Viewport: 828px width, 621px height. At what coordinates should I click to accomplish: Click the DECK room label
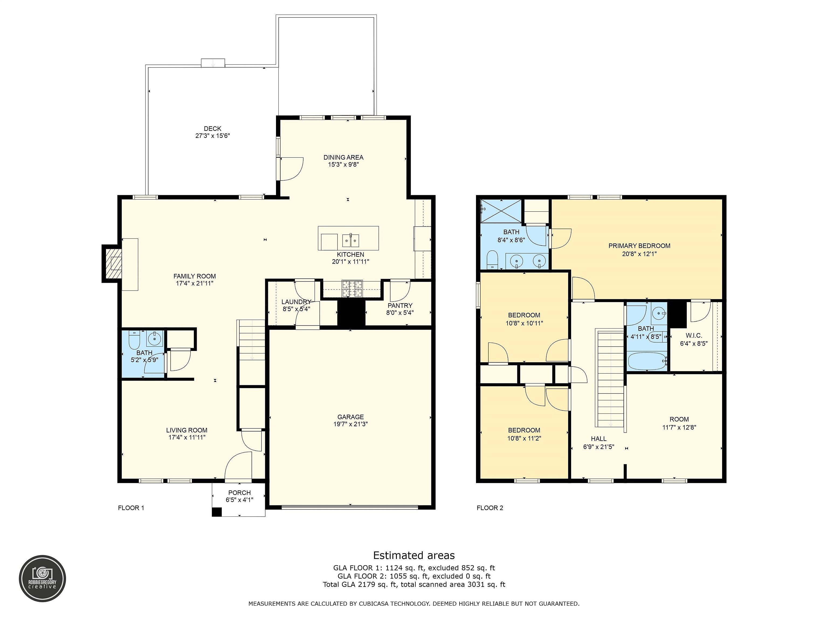[x=212, y=128]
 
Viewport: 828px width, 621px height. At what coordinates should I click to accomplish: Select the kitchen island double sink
[x=351, y=241]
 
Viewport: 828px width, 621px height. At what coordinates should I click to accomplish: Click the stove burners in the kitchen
[x=352, y=289]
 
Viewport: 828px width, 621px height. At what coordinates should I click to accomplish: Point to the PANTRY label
[x=400, y=305]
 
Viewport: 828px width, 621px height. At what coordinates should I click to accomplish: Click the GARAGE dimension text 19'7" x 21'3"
[x=350, y=424]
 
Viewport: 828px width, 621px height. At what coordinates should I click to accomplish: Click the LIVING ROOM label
[x=187, y=430]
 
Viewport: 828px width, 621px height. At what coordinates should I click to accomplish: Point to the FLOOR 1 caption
[x=131, y=508]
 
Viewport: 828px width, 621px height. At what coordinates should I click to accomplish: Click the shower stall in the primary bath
[x=501, y=211]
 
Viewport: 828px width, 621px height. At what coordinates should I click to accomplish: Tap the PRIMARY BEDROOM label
[x=639, y=246]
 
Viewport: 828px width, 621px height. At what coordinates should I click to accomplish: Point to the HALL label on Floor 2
[x=599, y=439]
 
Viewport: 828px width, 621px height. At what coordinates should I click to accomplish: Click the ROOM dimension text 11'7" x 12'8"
[x=679, y=427]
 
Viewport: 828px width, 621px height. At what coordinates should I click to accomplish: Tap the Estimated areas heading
[x=414, y=555]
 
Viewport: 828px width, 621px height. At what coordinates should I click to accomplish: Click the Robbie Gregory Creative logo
[x=42, y=579]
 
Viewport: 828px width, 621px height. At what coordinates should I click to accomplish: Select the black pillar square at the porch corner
[x=217, y=512]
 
